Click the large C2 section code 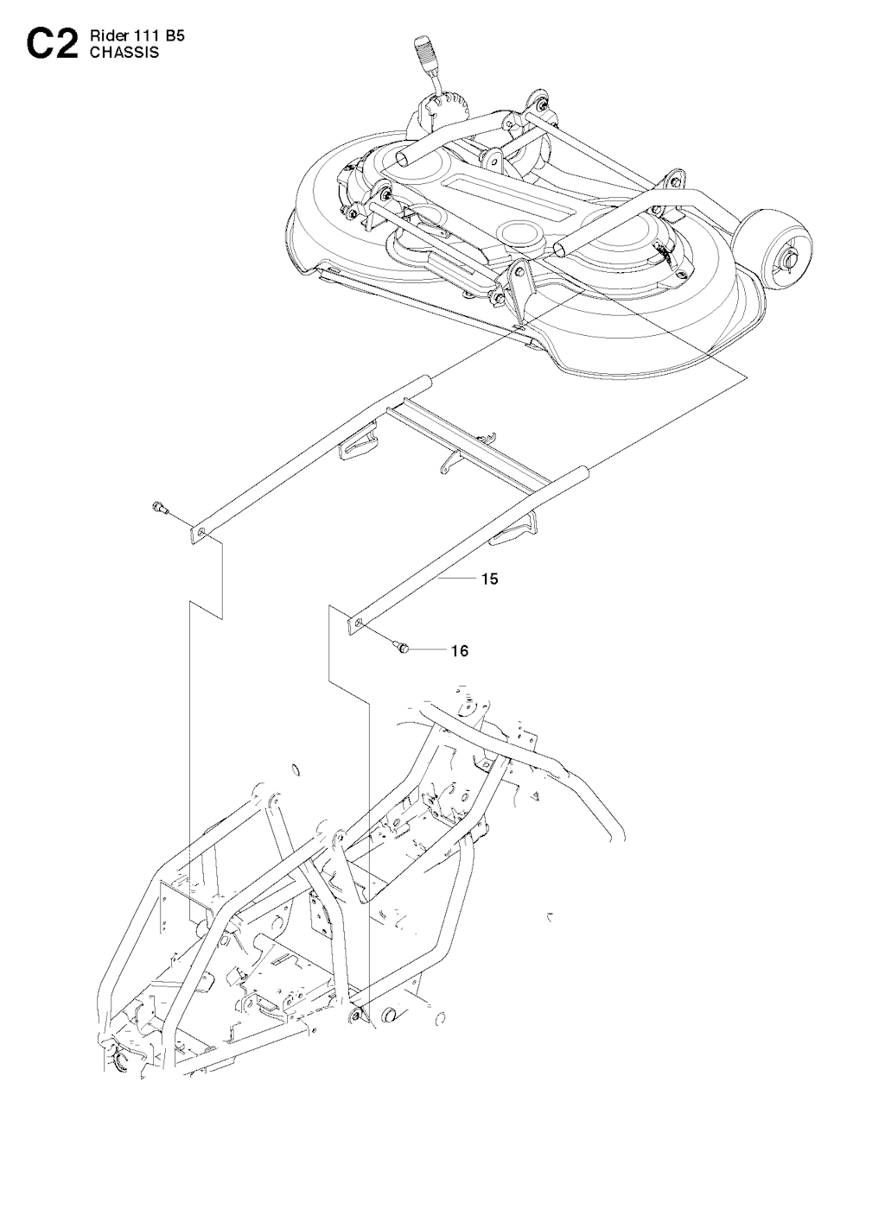(50, 45)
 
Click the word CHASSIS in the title (124, 53)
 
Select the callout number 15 (490, 579)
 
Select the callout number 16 (460, 651)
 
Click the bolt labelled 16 (400, 646)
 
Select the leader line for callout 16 (429, 649)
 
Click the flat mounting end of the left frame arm (200, 534)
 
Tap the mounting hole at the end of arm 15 (360, 623)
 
